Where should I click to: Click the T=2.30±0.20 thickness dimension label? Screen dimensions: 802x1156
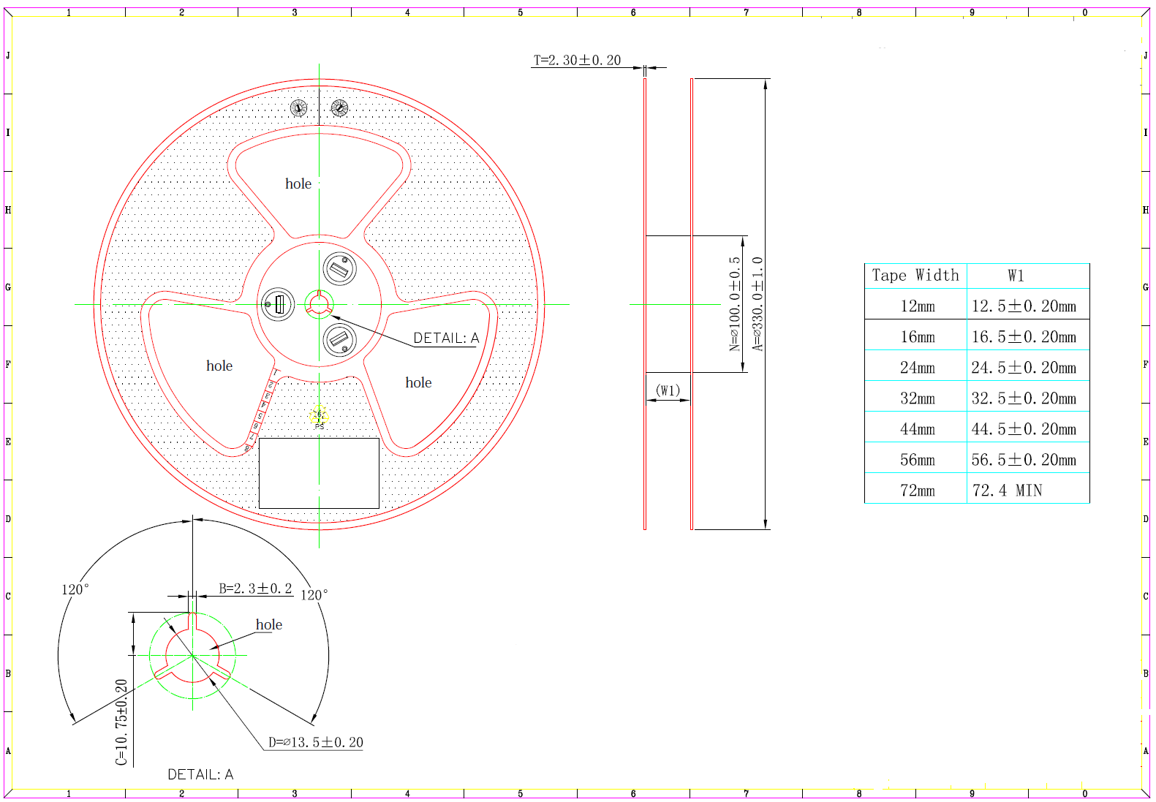577,60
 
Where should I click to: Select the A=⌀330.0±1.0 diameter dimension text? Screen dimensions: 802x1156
758,304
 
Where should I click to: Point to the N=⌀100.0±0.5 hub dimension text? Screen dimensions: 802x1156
735,304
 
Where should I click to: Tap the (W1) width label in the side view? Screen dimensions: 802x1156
668,390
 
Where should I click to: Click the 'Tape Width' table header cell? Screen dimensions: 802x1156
915,276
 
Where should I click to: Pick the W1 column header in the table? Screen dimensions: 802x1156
1016,276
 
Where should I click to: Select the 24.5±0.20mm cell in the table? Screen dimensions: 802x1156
1024,368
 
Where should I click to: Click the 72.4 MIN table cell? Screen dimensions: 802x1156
1007,491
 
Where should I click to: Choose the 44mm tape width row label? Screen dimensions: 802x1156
917,429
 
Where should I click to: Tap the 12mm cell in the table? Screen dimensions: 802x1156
917,306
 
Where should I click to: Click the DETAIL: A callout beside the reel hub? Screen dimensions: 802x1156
446,338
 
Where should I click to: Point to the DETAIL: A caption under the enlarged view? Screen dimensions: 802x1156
200,774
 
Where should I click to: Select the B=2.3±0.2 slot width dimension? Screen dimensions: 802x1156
255,589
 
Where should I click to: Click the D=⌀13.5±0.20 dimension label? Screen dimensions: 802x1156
315,742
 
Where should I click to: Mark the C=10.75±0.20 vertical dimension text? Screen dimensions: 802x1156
121,722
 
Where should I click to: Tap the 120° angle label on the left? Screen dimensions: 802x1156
75,589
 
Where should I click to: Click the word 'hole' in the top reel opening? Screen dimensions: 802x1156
298,184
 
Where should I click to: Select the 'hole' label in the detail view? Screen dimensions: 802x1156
268,624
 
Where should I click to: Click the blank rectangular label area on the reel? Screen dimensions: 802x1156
319,473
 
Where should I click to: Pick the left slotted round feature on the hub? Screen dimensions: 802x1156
278,304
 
